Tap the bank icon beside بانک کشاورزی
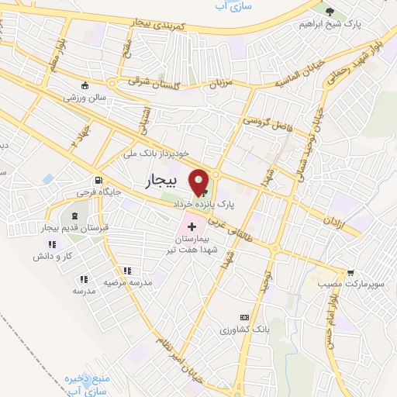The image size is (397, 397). [x=245, y=317]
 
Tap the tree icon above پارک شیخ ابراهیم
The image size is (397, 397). [x=330, y=12]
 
